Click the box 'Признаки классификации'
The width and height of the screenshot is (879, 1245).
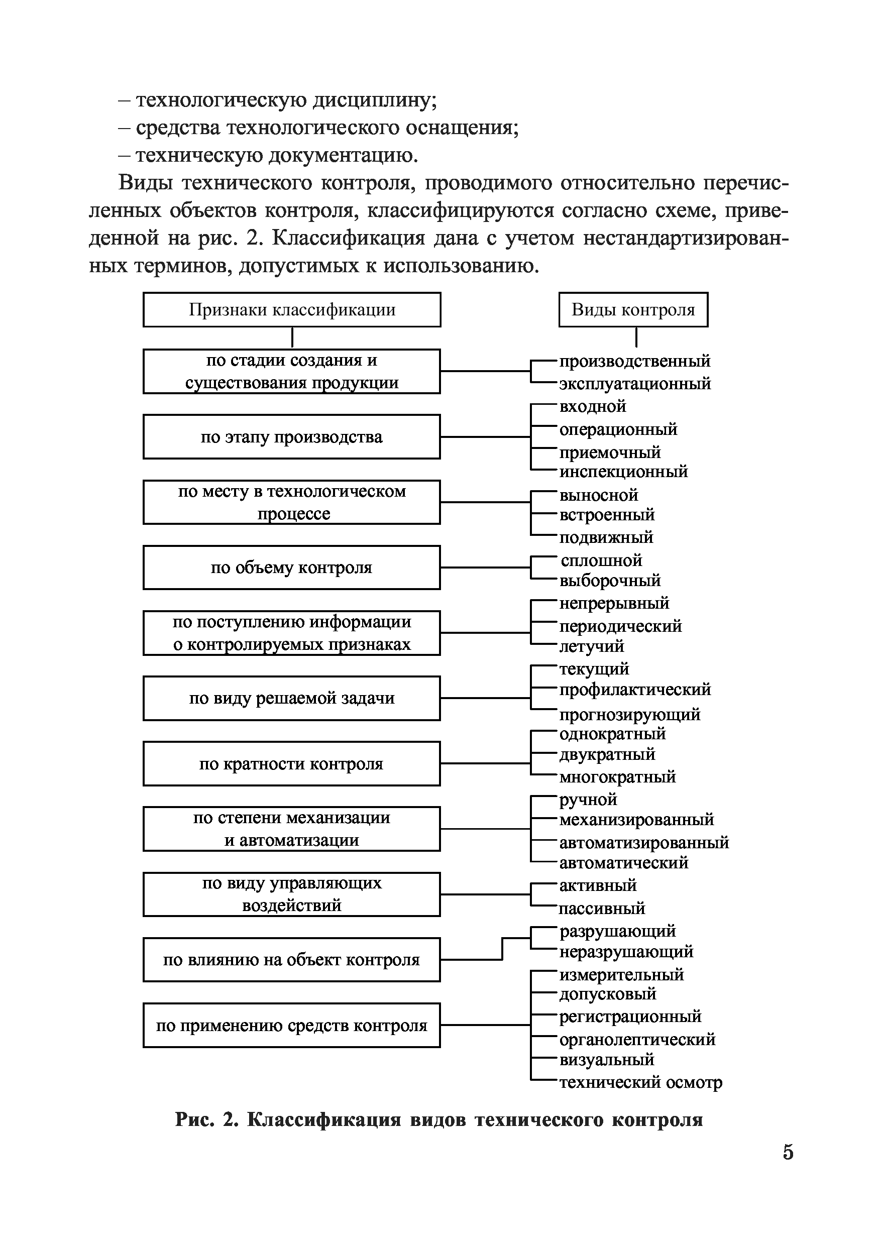(292, 310)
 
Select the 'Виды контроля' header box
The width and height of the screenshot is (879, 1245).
(633, 310)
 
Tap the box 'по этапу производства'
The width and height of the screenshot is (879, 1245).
(292, 437)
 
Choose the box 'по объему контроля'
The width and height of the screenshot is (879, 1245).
(292, 568)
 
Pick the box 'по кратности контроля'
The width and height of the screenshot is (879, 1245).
(292, 764)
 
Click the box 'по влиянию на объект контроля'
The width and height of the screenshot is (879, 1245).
(292, 960)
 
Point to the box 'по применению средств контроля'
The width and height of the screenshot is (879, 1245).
(292, 1026)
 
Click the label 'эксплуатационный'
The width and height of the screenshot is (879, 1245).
(634, 384)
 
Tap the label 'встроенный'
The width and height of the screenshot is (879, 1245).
(607, 515)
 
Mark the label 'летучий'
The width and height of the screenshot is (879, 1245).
(592, 646)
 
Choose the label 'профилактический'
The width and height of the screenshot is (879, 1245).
(634, 690)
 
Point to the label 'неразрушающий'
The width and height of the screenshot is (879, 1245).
(626, 952)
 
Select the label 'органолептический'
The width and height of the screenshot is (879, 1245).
(637, 1040)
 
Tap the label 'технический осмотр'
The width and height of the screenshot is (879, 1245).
(640, 1082)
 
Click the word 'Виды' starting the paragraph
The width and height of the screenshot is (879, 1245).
(145, 183)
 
